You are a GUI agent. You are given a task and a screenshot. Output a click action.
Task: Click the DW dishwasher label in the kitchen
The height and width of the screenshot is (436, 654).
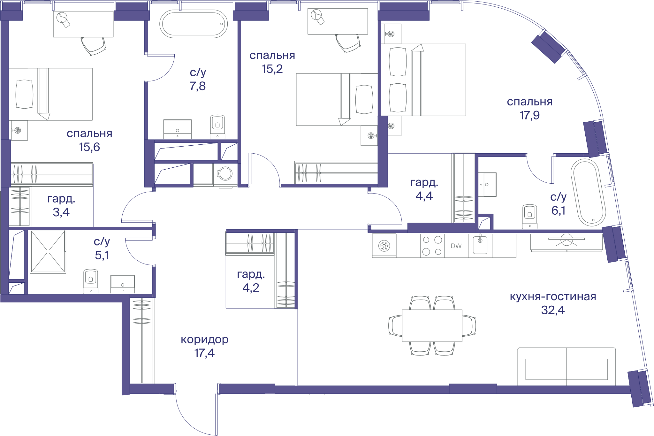click(x=456, y=246)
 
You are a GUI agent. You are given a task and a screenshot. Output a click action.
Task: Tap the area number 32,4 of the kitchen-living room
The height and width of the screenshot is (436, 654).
click(x=553, y=310)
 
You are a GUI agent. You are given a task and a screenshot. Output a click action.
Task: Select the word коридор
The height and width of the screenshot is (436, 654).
click(x=205, y=340)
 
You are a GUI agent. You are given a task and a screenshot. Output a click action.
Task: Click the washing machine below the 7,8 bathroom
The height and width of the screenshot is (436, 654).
click(x=225, y=174)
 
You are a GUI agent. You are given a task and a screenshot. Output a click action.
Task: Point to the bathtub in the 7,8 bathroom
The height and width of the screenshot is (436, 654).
click(x=194, y=24)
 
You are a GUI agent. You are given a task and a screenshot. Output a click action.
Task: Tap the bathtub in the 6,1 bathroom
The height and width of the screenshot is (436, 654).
click(x=588, y=193)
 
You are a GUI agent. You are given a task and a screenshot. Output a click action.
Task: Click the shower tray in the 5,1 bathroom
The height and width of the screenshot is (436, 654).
click(x=48, y=252)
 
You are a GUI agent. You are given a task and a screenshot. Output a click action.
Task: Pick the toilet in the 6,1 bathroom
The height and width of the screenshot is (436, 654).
click(x=530, y=216)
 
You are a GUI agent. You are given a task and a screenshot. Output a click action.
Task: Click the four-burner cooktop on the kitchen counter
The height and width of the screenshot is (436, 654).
click(x=432, y=246)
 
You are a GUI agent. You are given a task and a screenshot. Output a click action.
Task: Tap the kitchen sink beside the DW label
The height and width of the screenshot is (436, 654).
click(x=480, y=245)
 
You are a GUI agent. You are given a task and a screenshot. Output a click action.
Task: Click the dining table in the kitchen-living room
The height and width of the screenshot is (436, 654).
click(x=432, y=325)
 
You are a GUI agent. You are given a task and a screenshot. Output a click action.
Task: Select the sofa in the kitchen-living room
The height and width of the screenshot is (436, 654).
click(x=567, y=367)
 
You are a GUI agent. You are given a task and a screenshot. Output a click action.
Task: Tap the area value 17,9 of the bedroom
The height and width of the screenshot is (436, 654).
click(x=529, y=115)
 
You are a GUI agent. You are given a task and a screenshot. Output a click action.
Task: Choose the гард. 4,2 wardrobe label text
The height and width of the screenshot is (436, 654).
click(x=251, y=281)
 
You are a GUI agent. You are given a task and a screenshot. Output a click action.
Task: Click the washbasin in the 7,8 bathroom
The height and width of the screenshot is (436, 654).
click(x=178, y=129)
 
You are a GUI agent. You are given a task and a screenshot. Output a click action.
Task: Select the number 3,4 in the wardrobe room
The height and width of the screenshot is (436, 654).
click(x=61, y=212)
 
